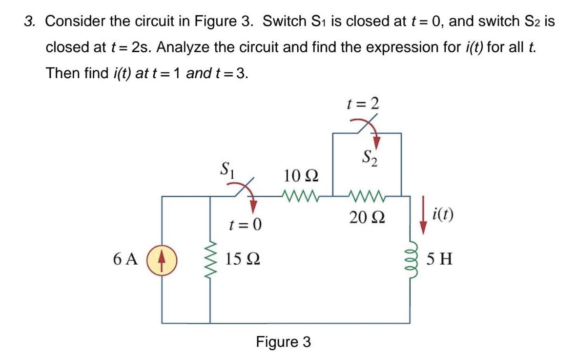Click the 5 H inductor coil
click(410, 258)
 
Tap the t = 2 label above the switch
click(362, 104)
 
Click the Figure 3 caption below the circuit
click(283, 342)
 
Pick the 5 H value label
click(439, 258)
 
